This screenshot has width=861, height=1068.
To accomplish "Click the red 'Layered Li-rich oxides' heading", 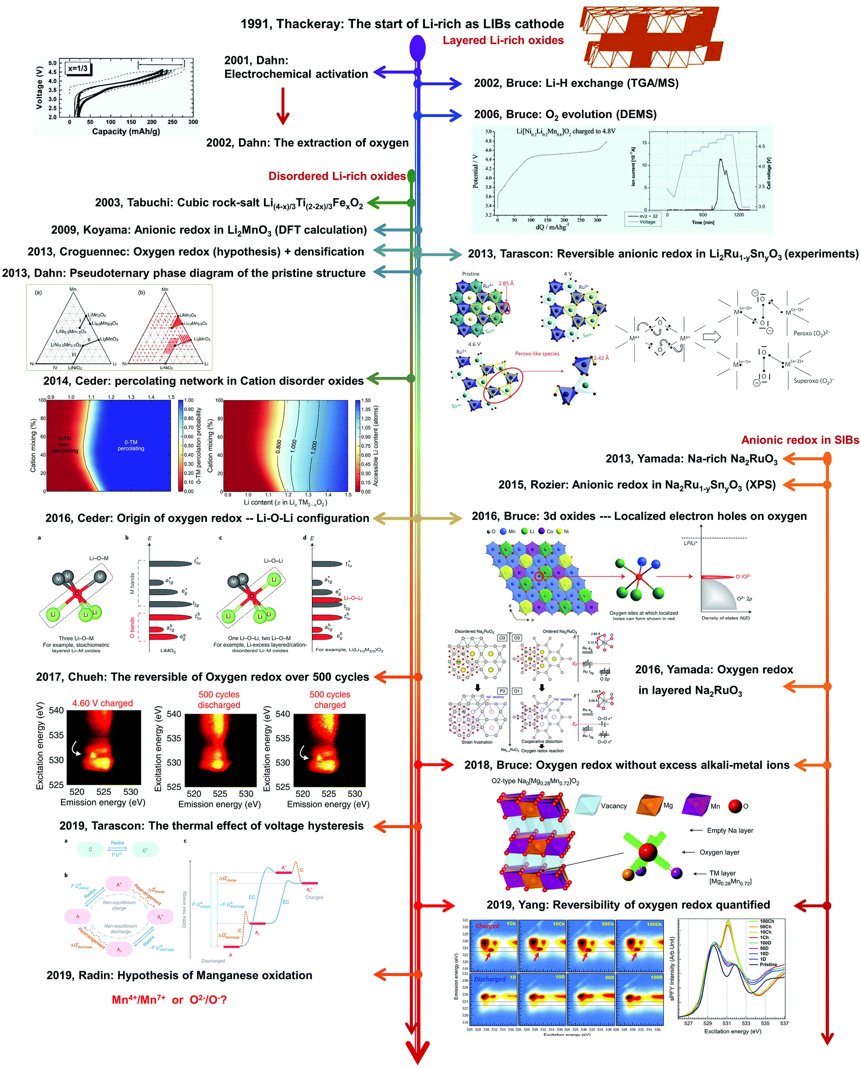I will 503,41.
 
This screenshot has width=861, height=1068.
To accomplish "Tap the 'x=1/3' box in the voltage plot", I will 78,69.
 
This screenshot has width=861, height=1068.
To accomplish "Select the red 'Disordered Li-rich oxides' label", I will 337,176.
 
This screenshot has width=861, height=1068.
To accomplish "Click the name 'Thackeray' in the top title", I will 309,24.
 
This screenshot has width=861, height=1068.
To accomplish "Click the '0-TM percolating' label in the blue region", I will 131,445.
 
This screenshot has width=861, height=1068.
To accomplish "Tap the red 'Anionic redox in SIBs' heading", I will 800,440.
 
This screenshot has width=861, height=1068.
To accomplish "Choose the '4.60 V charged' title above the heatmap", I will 103,703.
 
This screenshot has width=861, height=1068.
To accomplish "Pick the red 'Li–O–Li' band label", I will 353,598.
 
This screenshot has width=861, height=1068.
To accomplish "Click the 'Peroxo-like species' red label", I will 537,354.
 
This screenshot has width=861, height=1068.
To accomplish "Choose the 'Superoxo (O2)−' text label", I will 813,381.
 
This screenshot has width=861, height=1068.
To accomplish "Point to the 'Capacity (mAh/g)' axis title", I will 126,131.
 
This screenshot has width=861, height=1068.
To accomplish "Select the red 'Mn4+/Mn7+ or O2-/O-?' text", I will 169,1000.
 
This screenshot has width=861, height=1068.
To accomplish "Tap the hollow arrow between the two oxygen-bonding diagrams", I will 712,337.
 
